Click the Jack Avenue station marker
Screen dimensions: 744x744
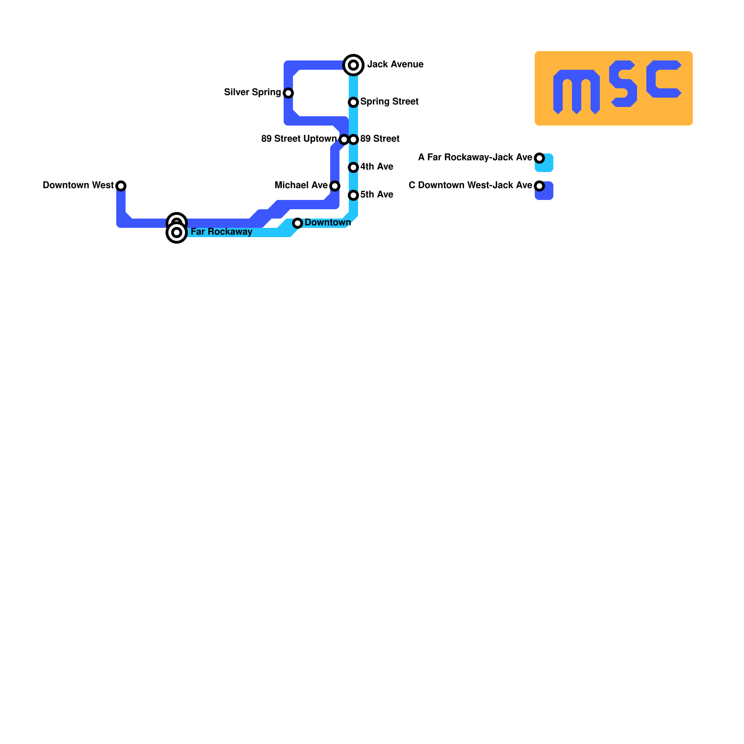click(x=353, y=65)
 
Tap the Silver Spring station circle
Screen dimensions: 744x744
click(x=288, y=93)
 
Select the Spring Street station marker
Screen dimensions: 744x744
click(x=353, y=102)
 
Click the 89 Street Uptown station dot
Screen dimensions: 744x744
click(x=344, y=139)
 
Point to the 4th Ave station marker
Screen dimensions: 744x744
click(x=353, y=167)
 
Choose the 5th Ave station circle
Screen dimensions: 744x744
click(x=353, y=195)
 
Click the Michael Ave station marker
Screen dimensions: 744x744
click(x=335, y=186)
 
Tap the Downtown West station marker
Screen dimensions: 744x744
click(x=121, y=186)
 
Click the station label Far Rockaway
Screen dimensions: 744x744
click(x=221, y=232)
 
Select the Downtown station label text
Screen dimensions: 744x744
click(x=327, y=222)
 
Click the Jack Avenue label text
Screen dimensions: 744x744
click(x=395, y=64)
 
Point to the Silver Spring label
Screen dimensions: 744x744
click(x=252, y=92)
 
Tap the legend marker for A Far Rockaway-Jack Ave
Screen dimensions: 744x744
click(x=539, y=158)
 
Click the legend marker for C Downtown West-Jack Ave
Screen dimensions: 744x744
click(x=539, y=186)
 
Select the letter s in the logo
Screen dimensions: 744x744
click(x=623, y=84)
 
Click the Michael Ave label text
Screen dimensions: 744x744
click(x=301, y=185)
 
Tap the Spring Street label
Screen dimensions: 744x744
click(x=389, y=101)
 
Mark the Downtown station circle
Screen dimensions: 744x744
click(x=298, y=223)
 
